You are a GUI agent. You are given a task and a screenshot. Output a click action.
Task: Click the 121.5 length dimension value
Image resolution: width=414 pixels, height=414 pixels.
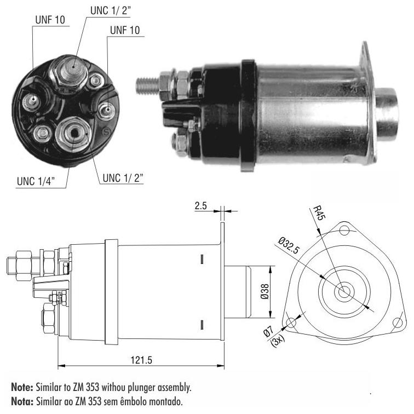click(141, 360)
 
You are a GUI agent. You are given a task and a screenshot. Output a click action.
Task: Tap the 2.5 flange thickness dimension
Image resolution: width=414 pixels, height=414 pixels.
click(200, 206)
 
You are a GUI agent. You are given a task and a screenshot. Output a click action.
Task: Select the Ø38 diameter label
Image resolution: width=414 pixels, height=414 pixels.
click(264, 291)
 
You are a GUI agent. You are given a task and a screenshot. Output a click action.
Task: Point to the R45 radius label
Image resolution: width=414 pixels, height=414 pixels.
click(319, 213)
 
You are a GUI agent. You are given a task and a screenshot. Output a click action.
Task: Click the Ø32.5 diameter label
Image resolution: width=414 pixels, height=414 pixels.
click(289, 245)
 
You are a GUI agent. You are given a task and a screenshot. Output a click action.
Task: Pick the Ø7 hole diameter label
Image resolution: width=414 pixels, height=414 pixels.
click(268, 332)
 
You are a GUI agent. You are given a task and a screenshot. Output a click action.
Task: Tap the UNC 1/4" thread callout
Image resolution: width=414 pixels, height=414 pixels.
click(36, 181)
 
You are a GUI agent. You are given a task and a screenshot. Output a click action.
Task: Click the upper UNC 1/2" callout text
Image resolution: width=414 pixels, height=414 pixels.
click(111, 10)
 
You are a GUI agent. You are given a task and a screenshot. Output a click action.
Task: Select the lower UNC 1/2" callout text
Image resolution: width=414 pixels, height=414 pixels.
click(123, 178)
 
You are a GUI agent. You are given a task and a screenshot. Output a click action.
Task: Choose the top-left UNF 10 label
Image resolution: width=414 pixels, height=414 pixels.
click(50, 20)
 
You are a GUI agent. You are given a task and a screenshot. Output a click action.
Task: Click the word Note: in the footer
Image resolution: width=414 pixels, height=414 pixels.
click(22, 387)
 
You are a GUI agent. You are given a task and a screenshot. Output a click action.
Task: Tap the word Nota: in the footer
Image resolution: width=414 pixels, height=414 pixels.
click(22, 401)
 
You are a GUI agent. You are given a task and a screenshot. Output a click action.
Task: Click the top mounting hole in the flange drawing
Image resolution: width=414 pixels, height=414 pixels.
click(344, 230)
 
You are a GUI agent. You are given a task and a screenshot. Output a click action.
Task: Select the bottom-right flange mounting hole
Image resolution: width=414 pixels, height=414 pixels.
click(398, 323)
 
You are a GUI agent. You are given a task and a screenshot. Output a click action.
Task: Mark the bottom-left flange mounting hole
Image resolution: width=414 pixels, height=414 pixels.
click(291, 323)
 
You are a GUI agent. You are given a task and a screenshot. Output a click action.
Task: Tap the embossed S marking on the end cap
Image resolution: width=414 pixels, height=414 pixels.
click(106, 131)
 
